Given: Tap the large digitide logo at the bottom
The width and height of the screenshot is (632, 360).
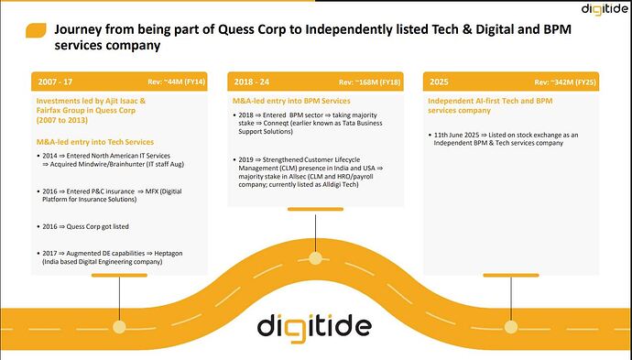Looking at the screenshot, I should coord(314,326).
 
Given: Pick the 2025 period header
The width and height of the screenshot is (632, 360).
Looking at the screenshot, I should coord(440,81).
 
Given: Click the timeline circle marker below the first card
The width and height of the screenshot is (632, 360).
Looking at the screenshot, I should coord(119,327).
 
